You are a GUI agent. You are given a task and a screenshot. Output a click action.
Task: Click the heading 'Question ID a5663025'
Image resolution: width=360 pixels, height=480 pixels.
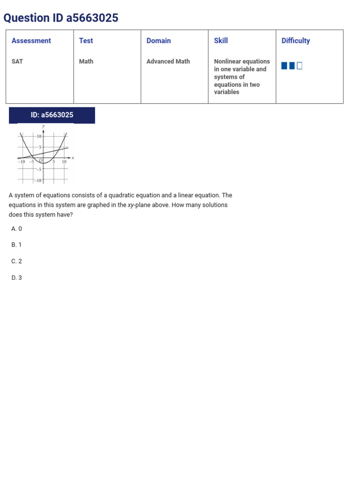coord(61,18)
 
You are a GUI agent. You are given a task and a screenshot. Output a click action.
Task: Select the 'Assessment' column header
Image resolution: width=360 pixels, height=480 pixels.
coord(31,41)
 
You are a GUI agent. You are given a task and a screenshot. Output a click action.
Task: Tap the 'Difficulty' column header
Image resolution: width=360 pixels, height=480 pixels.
coord(296,41)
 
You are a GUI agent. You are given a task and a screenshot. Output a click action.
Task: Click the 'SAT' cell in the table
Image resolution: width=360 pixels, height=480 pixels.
coord(17,61)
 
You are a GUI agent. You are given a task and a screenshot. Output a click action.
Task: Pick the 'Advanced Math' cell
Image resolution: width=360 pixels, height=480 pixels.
coord(168,61)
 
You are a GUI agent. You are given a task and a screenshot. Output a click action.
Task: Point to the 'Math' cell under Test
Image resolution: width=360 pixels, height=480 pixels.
coord(86,61)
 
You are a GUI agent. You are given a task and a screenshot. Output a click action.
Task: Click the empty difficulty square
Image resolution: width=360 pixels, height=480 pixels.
coord(300,66)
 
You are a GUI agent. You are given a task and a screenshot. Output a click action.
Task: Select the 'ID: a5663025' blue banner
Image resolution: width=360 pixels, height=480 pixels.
coord(52,115)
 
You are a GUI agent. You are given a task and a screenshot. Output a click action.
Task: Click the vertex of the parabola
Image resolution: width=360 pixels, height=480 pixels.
coord(44,162)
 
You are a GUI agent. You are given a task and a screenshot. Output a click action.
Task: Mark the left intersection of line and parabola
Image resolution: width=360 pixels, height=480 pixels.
coord(28,155)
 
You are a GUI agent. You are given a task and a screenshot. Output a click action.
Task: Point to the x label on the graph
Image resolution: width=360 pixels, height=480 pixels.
coord(73,157)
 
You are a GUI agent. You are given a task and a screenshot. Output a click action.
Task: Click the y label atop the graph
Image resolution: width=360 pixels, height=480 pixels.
coord(44,127)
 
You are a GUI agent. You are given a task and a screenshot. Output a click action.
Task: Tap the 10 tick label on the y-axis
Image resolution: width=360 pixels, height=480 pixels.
coord(39,136)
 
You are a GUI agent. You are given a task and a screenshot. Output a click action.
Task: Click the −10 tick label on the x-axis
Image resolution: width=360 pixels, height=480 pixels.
coord(22,162)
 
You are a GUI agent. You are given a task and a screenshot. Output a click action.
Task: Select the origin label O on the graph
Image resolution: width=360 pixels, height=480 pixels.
coord(41,161)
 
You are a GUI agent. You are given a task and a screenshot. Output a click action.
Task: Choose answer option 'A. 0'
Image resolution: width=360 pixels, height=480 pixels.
coord(16,229)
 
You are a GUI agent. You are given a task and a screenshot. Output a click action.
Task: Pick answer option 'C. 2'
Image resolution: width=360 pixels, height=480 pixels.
coord(16,261)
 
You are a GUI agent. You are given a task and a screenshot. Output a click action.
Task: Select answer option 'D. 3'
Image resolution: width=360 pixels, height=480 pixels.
coord(16,277)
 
